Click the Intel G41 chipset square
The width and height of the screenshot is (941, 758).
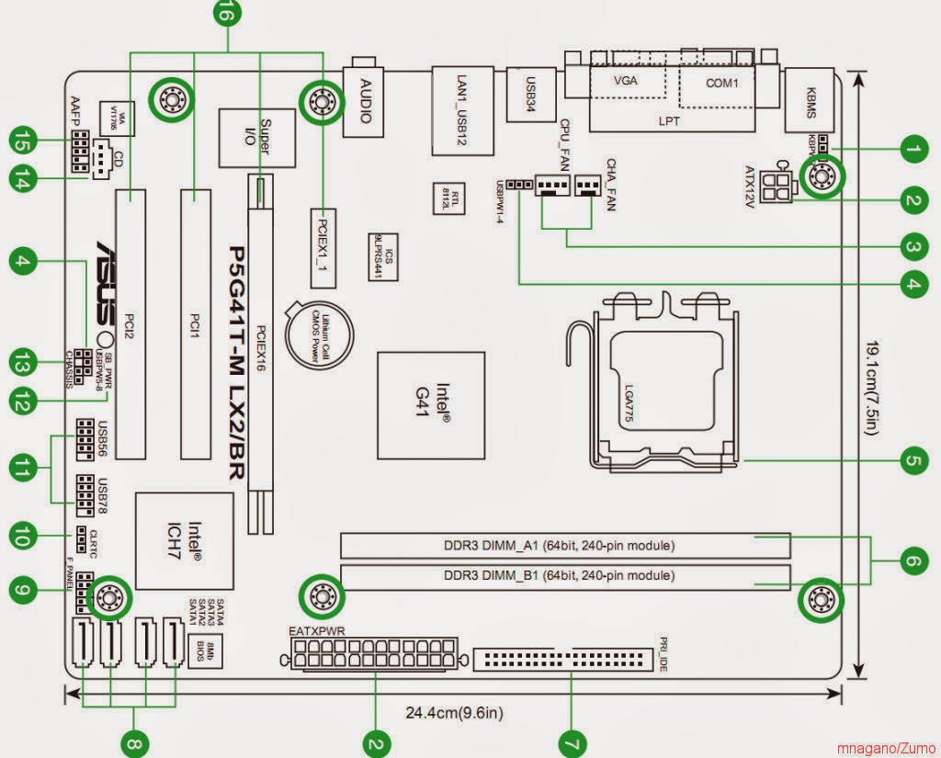coord(431,403)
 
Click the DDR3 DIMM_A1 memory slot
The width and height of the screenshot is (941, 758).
coord(565,546)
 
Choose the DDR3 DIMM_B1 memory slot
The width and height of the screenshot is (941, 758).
coord(565,577)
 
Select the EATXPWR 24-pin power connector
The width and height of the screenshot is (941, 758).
coord(375,655)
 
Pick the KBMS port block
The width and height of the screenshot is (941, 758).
coord(810,99)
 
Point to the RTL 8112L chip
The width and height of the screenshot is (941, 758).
coord(448,197)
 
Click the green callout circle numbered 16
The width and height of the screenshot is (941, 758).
coord(227,13)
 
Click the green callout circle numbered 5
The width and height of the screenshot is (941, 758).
coord(910,459)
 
